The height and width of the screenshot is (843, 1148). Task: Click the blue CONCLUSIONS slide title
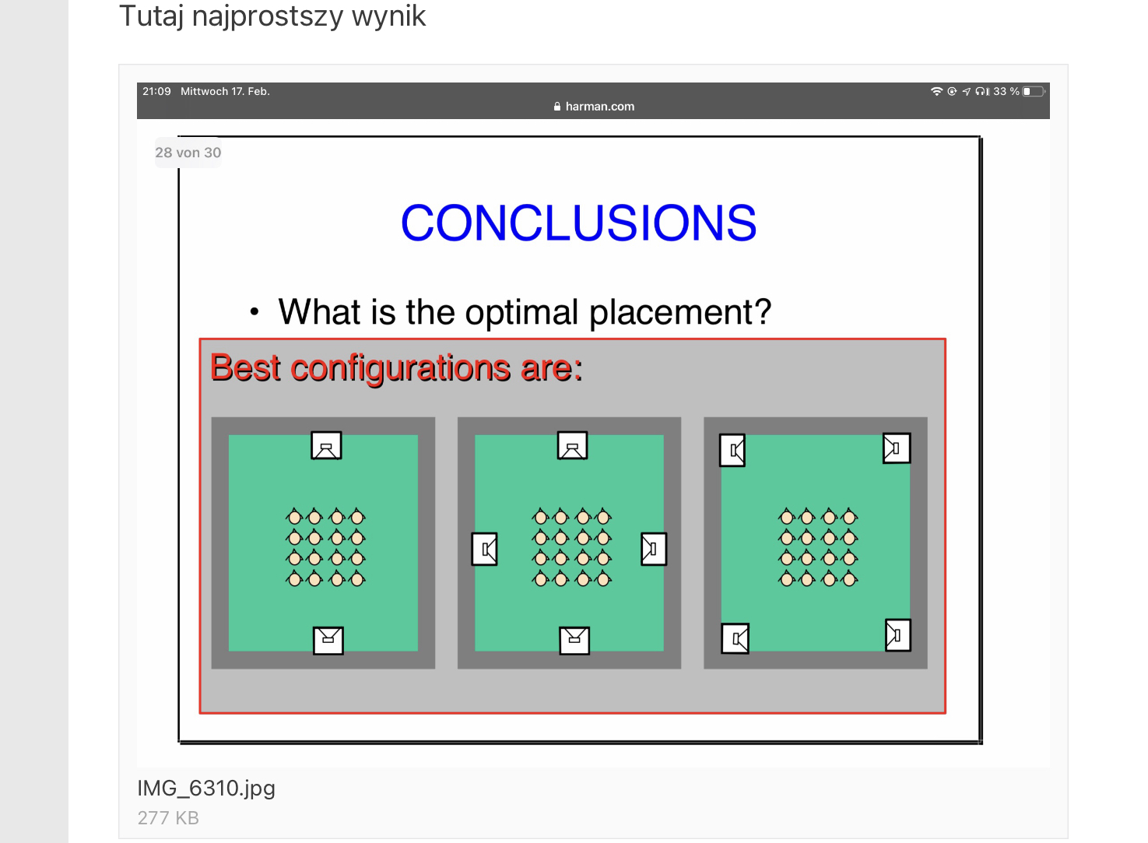tap(578, 223)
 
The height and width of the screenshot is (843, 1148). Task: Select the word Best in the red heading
tap(245, 367)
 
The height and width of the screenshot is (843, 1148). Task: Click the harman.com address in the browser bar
tap(599, 107)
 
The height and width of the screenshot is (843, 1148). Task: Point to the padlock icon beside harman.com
tap(557, 107)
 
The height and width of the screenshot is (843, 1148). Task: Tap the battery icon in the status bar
tap(1034, 91)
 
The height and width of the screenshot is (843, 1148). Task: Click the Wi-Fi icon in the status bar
tap(936, 91)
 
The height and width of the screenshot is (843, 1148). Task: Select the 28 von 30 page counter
tap(188, 153)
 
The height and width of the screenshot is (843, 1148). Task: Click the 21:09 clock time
tap(156, 91)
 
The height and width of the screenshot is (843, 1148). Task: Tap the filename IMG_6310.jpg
tap(206, 789)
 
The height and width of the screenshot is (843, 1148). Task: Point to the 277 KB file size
tap(168, 818)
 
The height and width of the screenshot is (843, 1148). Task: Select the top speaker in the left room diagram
tap(326, 445)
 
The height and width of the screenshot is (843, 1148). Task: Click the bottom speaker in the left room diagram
tap(328, 641)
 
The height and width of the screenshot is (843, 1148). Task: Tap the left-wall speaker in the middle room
tap(484, 550)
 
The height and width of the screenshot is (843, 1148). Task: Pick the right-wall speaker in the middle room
tap(654, 550)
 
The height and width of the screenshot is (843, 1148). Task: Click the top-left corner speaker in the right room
tap(732, 451)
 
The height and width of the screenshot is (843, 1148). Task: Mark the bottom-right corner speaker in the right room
tap(898, 635)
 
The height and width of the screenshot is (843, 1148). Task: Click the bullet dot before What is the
tap(255, 311)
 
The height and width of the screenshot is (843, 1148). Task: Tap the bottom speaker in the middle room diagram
tap(574, 641)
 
